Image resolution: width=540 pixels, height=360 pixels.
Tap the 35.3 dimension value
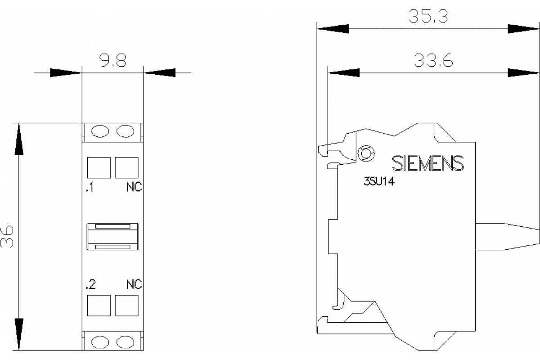[x=428, y=17]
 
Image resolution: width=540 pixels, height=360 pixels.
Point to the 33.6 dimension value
[x=433, y=61]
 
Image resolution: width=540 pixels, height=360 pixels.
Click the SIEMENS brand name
[x=427, y=164]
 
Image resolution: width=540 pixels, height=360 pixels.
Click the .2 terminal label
[x=90, y=284]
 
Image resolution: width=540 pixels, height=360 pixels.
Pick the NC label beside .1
[x=134, y=188]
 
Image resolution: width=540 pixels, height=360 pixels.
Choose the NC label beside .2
[x=134, y=284]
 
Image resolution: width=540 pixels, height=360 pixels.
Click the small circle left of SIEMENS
[x=366, y=154]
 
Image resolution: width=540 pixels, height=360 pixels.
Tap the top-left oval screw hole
[x=100, y=131]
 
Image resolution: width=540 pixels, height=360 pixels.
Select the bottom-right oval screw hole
[x=125, y=342]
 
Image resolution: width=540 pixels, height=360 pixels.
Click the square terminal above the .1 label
[x=99, y=168]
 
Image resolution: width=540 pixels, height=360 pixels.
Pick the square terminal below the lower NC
[x=126, y=306]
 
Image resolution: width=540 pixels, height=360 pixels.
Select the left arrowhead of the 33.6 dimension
[x=344, y=72]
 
